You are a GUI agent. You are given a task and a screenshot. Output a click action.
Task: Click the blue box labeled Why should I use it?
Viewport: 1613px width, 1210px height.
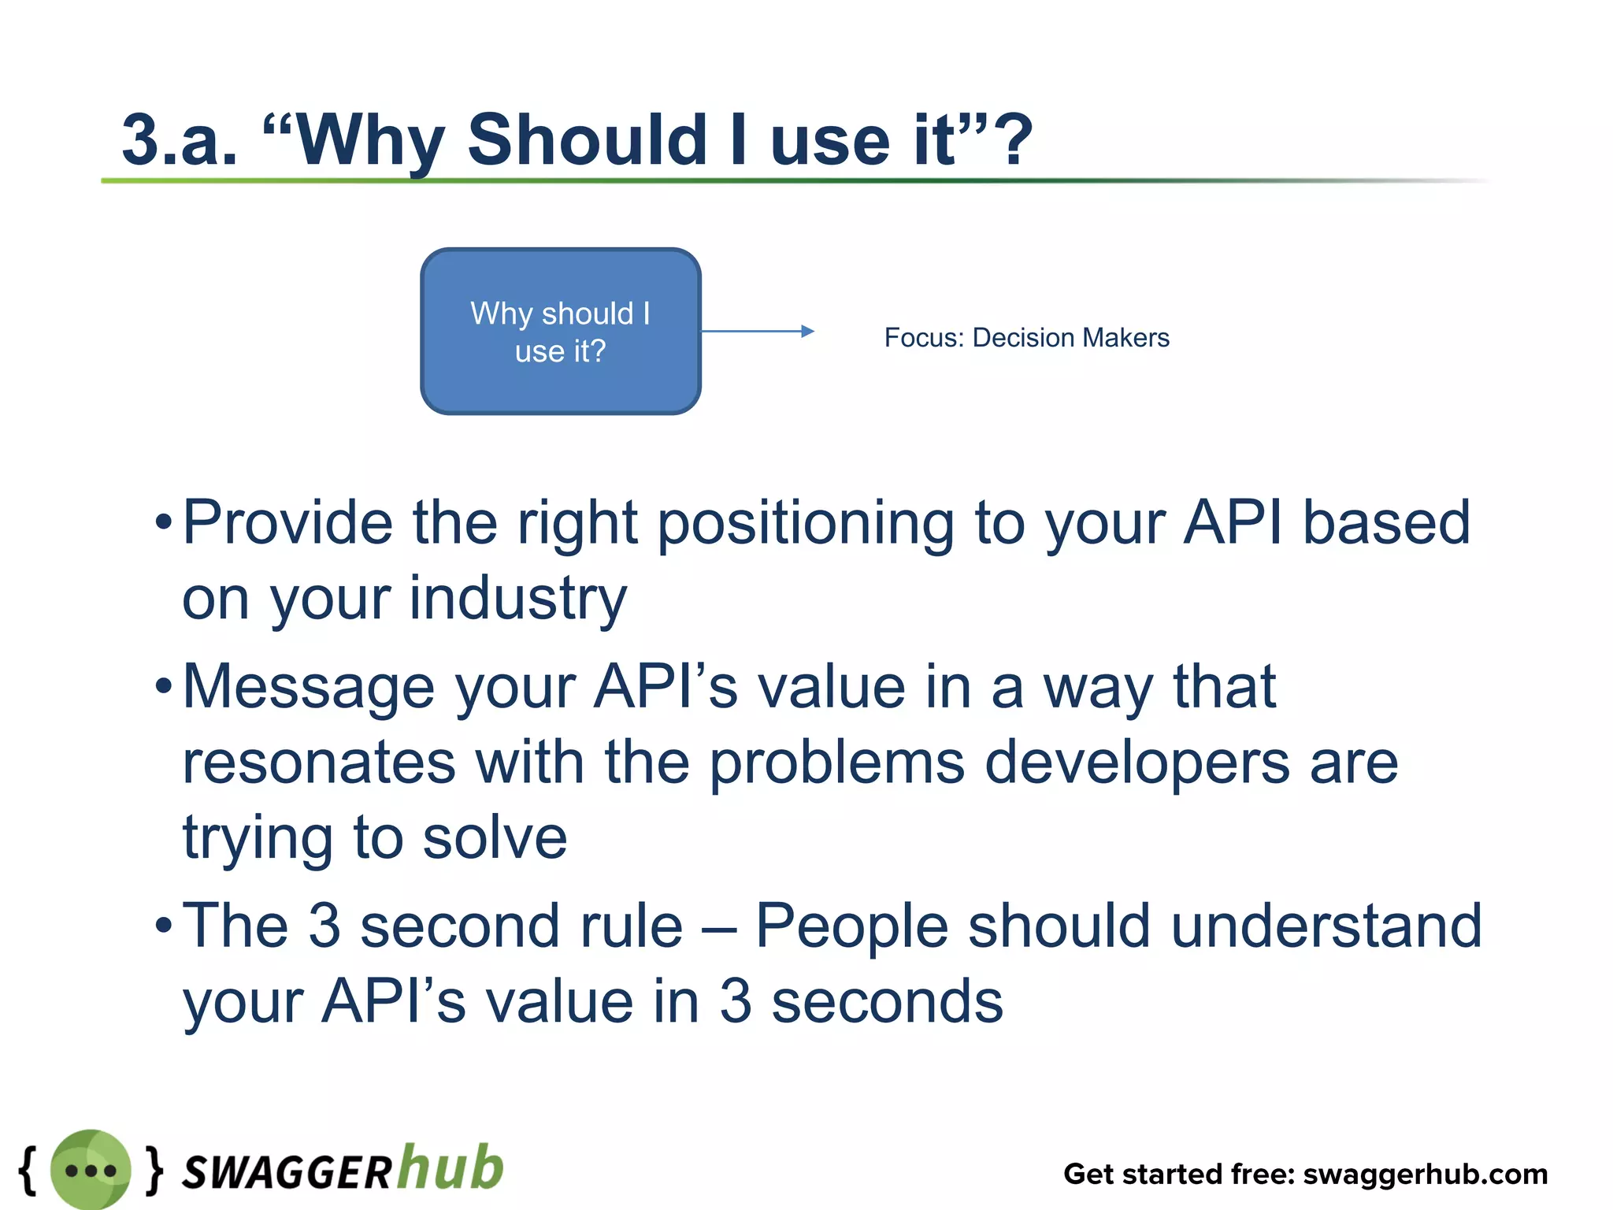pyautogui.click(x=560, y=331)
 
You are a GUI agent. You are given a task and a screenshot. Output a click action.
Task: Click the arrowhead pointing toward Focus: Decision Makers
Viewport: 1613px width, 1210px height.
pyautogui.click(x=807, y=332)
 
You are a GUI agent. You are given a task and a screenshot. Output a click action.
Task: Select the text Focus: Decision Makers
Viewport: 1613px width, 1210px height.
pyautogui.click(x=1026, y=338)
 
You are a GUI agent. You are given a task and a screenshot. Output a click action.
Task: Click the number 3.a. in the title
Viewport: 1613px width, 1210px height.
pyautogui.click(x=180, y=140)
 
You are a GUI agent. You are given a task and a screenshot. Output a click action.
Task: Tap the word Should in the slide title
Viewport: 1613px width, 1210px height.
pyautogui.click(x=587, y=140)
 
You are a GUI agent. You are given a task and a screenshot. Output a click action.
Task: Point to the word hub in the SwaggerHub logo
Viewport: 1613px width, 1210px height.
pyautogui.click(x=451, y=1167)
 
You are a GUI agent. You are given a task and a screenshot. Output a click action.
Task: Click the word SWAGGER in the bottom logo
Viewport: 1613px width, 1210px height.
pyautogui.click(x=287, y=1172)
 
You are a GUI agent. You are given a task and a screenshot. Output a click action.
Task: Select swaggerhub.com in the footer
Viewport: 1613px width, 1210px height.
pyautogui.click(x=1426, y=1174)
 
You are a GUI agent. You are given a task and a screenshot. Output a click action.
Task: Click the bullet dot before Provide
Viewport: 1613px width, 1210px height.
pyautogui.click(x=163, y=522)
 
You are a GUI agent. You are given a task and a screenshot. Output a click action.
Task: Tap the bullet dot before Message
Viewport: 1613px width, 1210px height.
pyautogui.click(x=163, y=686)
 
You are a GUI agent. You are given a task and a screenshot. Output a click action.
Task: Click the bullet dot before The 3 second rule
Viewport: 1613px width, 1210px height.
pyautogui.click(x=163, y=925)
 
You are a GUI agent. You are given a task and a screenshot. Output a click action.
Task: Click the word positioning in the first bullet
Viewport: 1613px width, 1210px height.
pyautogui.click(x=805, y=524)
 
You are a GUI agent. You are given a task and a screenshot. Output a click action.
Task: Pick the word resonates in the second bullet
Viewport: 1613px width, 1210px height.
pyautogui.click(x=319, y=763)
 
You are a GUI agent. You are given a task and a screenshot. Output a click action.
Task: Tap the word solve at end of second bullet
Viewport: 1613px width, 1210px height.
pyautogui.click(x=495, y=837)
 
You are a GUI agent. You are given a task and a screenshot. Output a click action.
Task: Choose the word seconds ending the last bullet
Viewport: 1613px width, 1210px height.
pyautogui.click(x=887, y=1001)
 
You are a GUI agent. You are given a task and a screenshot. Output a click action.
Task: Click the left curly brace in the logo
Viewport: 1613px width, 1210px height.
pyautogui.click(x=28, y=1170)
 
